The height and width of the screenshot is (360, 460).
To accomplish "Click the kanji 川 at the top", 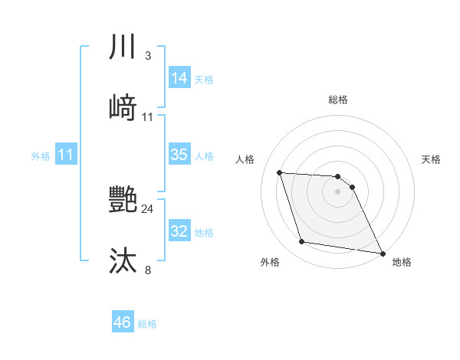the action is pos(123,47).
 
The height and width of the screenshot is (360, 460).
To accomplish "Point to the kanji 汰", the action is pos(123,260).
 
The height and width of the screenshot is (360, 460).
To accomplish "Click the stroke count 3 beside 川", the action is pos(147,56).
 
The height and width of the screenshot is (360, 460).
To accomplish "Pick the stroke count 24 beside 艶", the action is pos(147,209).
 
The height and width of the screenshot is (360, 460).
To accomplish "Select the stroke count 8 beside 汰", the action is pos(147,269).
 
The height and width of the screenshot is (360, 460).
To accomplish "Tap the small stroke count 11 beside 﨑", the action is pos(147,117).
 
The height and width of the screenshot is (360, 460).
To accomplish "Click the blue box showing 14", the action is pos(179,78).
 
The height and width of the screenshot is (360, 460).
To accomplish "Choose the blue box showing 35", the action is pos(179,155).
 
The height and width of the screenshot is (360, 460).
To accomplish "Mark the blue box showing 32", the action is pos(179,231).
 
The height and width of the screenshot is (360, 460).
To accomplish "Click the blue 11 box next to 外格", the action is pos(66,155).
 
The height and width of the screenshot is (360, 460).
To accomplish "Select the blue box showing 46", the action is pos(122,322).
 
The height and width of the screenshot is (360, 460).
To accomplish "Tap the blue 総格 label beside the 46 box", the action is pos(147,324).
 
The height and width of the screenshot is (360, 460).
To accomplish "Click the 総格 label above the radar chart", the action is pos(338,100).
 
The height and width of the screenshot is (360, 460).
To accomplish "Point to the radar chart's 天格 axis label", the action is pos(432,159).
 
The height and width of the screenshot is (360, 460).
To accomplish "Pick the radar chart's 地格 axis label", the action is pos(402,262).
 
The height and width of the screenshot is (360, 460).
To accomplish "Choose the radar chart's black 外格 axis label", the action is pos(270,262).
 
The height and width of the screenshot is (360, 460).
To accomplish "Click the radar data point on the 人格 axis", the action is pos(280,172).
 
